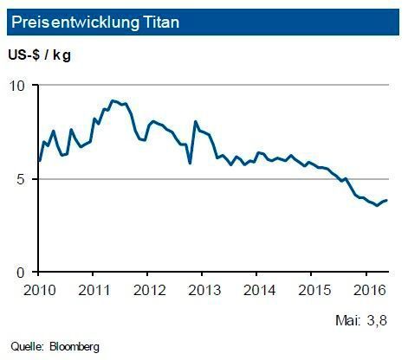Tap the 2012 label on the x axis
point(149,288)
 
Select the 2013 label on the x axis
point(202,288)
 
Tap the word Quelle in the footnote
point(27,347)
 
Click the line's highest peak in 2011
point(113,100)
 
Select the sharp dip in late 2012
point(190,163)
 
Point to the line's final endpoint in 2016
point(386,200)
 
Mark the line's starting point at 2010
point(39,160)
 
